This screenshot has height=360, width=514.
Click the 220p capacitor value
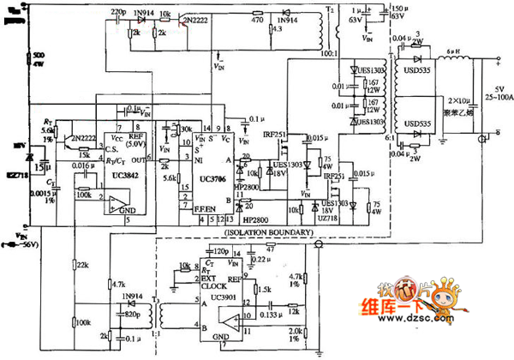(x=120, y=9)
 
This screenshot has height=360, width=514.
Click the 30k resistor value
(x=183, y=130)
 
